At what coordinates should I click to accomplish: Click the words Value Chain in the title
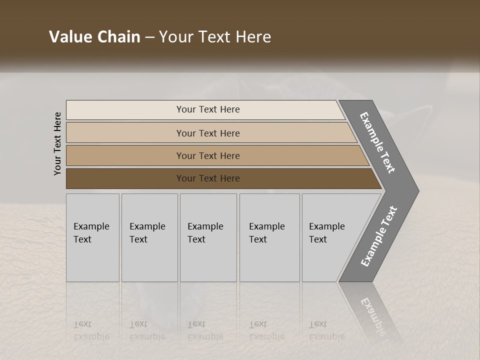coord(94,37)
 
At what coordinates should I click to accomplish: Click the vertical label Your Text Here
coord(57,143)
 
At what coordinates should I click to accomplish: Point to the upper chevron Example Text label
coord(377,143)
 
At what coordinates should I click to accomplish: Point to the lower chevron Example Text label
coord(379,236)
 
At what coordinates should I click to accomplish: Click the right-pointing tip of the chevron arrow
coord(414,190)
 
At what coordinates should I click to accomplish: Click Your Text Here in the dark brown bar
coord(208,178)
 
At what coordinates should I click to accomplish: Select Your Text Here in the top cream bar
coord(208,109)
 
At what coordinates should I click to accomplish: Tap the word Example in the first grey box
coord(91,226)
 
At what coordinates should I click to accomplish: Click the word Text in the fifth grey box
coord(318,239)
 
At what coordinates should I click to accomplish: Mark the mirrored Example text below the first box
coord(91,336)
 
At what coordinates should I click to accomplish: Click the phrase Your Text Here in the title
coord(215,37)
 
